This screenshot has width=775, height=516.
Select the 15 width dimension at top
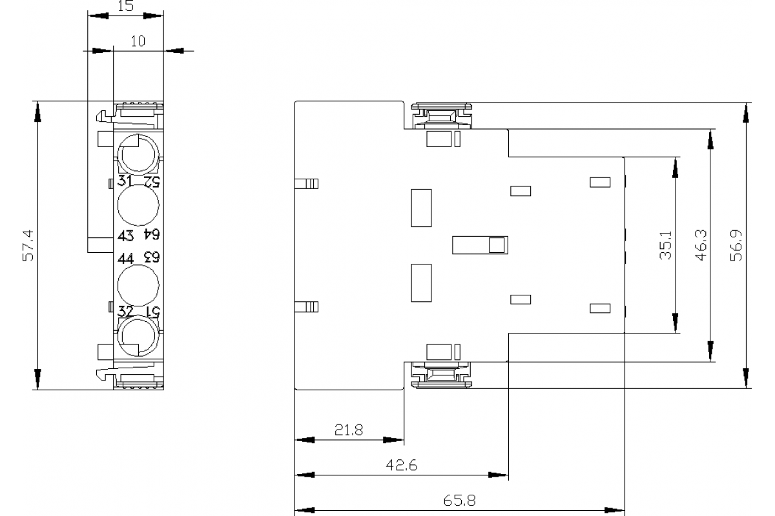125,6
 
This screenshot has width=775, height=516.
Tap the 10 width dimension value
138,41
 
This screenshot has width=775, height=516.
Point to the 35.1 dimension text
666,245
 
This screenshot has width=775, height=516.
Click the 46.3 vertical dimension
700,245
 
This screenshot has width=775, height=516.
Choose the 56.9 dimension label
737,245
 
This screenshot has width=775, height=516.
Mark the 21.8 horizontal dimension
348,430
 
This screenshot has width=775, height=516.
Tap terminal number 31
125,181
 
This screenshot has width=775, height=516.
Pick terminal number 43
125,235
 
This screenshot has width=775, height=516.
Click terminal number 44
125,258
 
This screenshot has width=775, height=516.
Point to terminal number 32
125,311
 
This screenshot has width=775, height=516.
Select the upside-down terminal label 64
150,235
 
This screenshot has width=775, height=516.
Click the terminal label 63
150,258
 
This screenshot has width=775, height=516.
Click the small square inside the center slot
497,245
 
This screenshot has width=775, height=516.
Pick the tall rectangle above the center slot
421,208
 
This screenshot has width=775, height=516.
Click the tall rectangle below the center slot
421,283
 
